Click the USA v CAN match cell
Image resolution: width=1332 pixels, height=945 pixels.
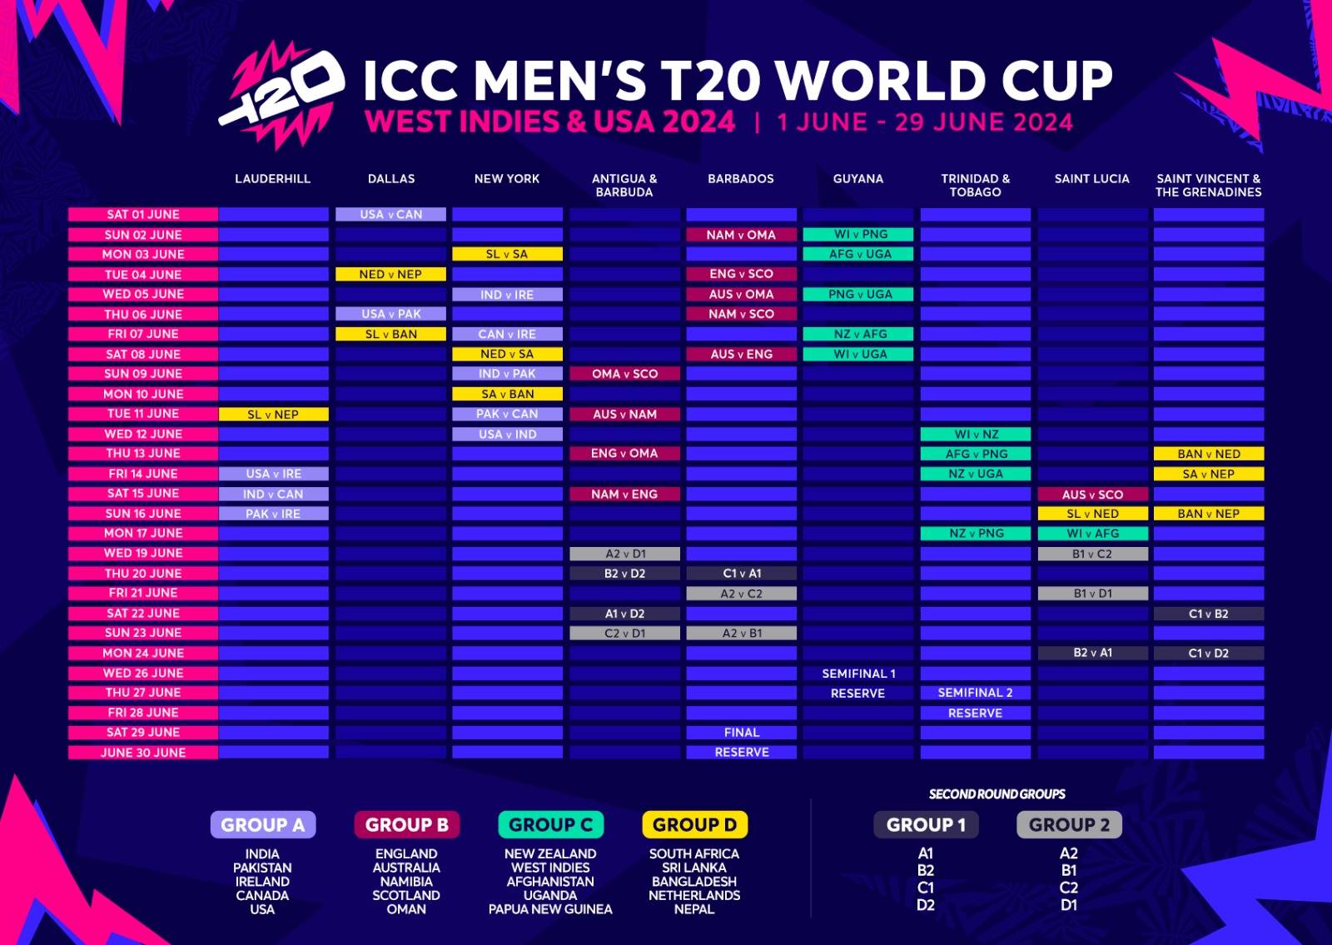[x=390, y=215]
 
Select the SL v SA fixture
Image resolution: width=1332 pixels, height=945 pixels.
[x=507, y=254]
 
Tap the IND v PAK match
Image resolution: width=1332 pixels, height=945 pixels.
[x=507, y=374]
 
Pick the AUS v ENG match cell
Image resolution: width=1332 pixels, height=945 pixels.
[x=741, y=354]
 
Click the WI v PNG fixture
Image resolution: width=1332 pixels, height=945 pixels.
[x=858, y=235]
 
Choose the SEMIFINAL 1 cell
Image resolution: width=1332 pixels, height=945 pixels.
[x=858, y=674]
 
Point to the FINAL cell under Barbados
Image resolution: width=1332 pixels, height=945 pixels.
[x=741, y=733]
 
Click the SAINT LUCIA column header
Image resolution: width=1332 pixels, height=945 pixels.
[x=1091, y=179]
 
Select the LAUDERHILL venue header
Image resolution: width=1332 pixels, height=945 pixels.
[x=272, y=179]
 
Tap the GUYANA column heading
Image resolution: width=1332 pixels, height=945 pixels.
[x=857, y=179]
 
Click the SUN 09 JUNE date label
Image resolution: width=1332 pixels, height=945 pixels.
[x=143, y=374]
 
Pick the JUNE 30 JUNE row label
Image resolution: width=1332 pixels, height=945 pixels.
[x=143, y=753]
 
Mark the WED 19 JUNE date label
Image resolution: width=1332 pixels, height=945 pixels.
[x=143, y=553]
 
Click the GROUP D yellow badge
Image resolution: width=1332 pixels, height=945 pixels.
[x=694, y=825]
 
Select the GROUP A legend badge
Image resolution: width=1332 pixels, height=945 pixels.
[x=262, y=825]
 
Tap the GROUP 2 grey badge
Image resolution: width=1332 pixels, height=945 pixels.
[x=1069, y=825]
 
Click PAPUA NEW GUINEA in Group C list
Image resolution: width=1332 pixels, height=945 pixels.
[x=550, y=909]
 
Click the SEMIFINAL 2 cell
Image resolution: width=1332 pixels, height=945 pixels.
[x=975, y=693]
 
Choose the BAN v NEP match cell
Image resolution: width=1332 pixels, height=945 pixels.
[x=1208, y=514]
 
